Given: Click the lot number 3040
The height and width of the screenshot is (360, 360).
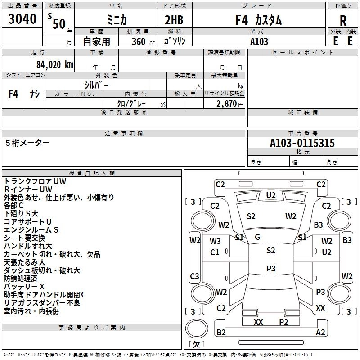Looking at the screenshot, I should [x=22, y=19].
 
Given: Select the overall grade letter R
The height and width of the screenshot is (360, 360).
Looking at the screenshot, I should [x=343, y=20].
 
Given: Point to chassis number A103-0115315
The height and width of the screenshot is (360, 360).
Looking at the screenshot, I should [x=302, y=143].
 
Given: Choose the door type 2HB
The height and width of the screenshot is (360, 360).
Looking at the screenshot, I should [x=175, y=20].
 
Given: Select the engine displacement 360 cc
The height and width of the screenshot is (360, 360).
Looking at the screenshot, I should [x=137, y=42].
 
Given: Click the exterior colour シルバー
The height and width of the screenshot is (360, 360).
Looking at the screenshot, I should [x=97, y=85].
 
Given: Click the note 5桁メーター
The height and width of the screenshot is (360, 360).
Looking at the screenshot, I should [x=28, y=143].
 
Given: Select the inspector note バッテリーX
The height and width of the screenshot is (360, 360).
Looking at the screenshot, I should [x=24, y=286].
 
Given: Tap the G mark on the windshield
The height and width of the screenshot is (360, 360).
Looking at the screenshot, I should [x=257, y=237].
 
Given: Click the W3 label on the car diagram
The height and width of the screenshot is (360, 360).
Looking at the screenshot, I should [x=215, y=241].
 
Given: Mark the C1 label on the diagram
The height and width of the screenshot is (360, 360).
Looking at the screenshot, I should [x=215, y=252].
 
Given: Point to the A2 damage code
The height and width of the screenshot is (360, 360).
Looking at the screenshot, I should [x=321, y=333].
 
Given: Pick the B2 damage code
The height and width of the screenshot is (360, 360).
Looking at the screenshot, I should [x=221, y=333].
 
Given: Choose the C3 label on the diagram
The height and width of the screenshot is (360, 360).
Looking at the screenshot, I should [x=195, y=276].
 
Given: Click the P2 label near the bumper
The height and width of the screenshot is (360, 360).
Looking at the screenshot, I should [x=283, y=322].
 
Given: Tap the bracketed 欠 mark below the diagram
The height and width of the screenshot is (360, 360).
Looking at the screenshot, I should [x=196, y=344].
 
